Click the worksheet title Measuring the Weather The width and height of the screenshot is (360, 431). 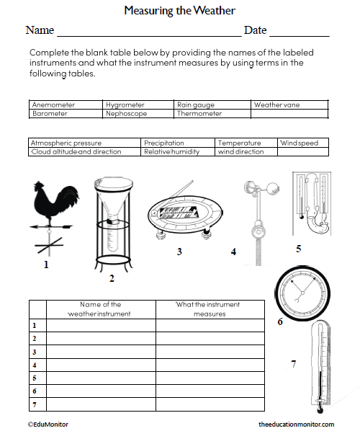[179, 10]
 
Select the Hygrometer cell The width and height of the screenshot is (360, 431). [125, 105]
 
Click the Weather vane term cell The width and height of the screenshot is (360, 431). [276, 105]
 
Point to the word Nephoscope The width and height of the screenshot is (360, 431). [126, 113]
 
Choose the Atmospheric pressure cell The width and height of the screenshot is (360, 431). [66, 143]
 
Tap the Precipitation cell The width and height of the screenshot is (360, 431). [164, 143]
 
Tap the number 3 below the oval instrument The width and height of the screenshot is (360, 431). [179, 252]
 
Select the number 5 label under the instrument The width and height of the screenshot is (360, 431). [298, 249]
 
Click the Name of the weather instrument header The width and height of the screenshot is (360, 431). [101, 308]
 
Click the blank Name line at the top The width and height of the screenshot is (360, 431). [148, 32]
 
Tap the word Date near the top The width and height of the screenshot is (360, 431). [255, 30]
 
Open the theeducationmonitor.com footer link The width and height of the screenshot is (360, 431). [296, 425]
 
